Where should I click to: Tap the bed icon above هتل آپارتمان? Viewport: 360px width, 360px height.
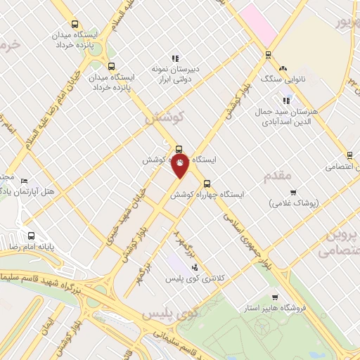pos(26,181)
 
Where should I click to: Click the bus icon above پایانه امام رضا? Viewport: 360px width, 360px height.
pos(31,236)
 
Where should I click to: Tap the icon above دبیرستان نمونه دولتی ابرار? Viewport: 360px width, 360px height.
pos(175,58)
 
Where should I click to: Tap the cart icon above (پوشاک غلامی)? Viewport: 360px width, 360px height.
pos(293,192)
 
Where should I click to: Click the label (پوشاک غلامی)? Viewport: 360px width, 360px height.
pos(293,202)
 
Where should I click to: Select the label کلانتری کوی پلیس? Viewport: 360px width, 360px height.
pos(194,279)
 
